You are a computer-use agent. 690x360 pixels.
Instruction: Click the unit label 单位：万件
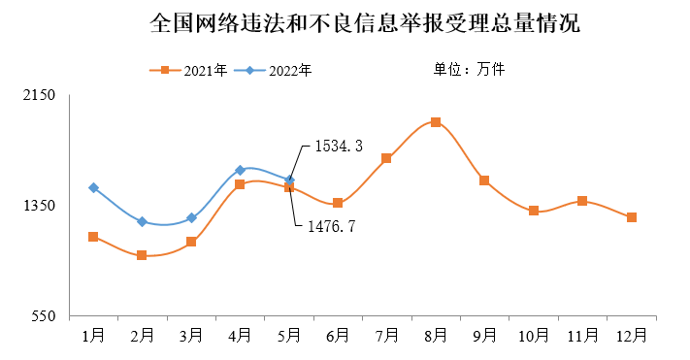pyautogui.click(x=469, y=69)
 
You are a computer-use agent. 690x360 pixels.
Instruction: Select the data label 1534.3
pyautogui.click(x=338, y=147)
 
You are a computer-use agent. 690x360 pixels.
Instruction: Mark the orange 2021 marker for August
pyautogui.click(x=436, y=122)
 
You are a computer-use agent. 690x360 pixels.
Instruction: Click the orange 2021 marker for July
pyautogui.click(x=386, y=158)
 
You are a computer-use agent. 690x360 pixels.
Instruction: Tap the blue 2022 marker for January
pyautogui.click(x=93, y=187)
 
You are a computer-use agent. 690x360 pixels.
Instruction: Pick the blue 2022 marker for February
pyautogui.click(x=142, y=222)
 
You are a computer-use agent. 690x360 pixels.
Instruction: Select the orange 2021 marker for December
pyautogui.click(x=632, y=217)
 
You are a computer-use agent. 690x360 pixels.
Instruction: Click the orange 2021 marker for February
pyautogui.click(x=142, y=255)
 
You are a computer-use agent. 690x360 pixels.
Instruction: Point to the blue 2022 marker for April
pyautogui.click(x=240, y=170)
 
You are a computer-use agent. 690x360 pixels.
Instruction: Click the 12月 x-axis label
pyautogui.click(x=632, y=335)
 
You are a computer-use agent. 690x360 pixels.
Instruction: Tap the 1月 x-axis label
pyautogui.click(x=93, y=335)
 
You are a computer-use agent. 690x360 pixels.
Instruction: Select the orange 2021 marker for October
pyautogui.click(x=534, y=211)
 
